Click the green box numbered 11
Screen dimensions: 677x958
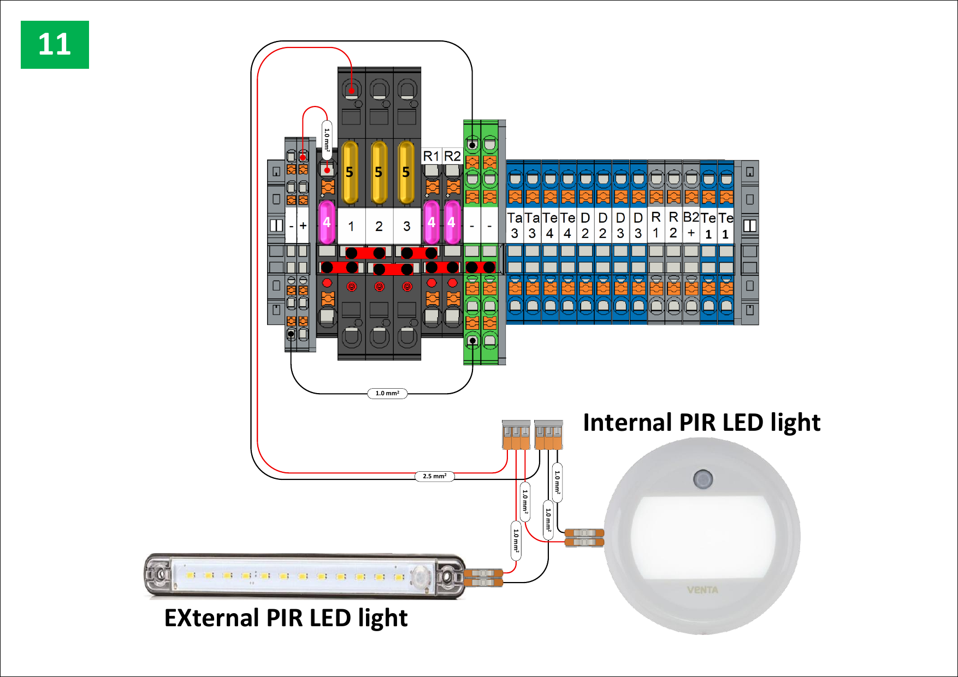tap(55, 45)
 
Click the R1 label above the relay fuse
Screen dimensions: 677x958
tap(431, 156)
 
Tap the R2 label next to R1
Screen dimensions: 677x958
tap(452, 156)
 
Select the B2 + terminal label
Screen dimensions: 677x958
tap(691, 224)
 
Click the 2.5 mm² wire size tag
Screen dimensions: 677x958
tap(434, 476)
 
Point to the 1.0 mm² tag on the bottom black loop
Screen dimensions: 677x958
tap(387, 393)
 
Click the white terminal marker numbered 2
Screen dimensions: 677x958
tap(379, 226)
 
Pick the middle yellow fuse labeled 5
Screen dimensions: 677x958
tap(379, 172)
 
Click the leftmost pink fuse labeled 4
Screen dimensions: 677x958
tap(327, 222)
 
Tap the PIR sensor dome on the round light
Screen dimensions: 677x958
tap(702, 479)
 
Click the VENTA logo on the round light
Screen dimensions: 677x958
tap(702, 590)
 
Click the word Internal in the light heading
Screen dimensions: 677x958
tap(627, 423)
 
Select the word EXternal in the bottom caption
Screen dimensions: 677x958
tap(211, 618)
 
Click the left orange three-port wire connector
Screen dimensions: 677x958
tap(516, 435)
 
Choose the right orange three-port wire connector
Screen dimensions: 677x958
tap(548, 435)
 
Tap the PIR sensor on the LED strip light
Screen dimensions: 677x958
tap(421, 577)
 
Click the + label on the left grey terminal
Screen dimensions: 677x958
tap(303, 225)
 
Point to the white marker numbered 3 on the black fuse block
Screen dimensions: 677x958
tap(406, 226)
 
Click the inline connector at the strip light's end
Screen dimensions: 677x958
tap(483, 578)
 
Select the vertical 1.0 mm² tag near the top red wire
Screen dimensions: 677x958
tap(327, 140)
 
